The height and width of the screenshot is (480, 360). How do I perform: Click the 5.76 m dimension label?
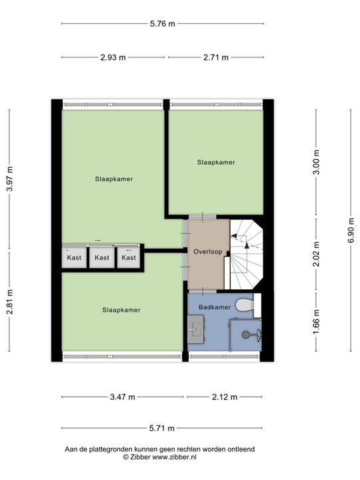(x=162, y=23)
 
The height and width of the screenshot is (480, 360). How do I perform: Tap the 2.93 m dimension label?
(x=113, y=57)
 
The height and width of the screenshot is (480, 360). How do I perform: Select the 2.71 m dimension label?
(x=216, y=57)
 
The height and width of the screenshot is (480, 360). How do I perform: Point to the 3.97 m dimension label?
(x=10, y=179)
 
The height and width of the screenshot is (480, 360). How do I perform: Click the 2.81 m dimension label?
(x=10, y=302)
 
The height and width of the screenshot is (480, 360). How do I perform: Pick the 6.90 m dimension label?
(x=351, y=230)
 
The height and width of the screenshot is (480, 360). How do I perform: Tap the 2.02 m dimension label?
(x=316, y=254)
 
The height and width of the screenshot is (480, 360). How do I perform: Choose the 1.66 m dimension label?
(x=316, y=322)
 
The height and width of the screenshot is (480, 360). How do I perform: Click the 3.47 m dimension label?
(x=123, y=397)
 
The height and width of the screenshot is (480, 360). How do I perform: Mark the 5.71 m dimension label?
(x=162, y=428)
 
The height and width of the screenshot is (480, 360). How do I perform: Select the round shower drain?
(x=245, y=335)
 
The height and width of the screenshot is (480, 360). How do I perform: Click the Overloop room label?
(x=208, y=251)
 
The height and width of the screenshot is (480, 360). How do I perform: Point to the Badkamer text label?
(x=215, y=307)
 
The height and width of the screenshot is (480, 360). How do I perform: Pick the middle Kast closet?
(x=102, y=257)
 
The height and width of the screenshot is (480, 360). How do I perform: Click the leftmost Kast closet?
(x=75, y=257)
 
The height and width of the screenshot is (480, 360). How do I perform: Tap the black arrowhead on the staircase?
(x=247, y=245)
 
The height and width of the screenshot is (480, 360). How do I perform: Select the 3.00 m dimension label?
(x=316, y=162)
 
